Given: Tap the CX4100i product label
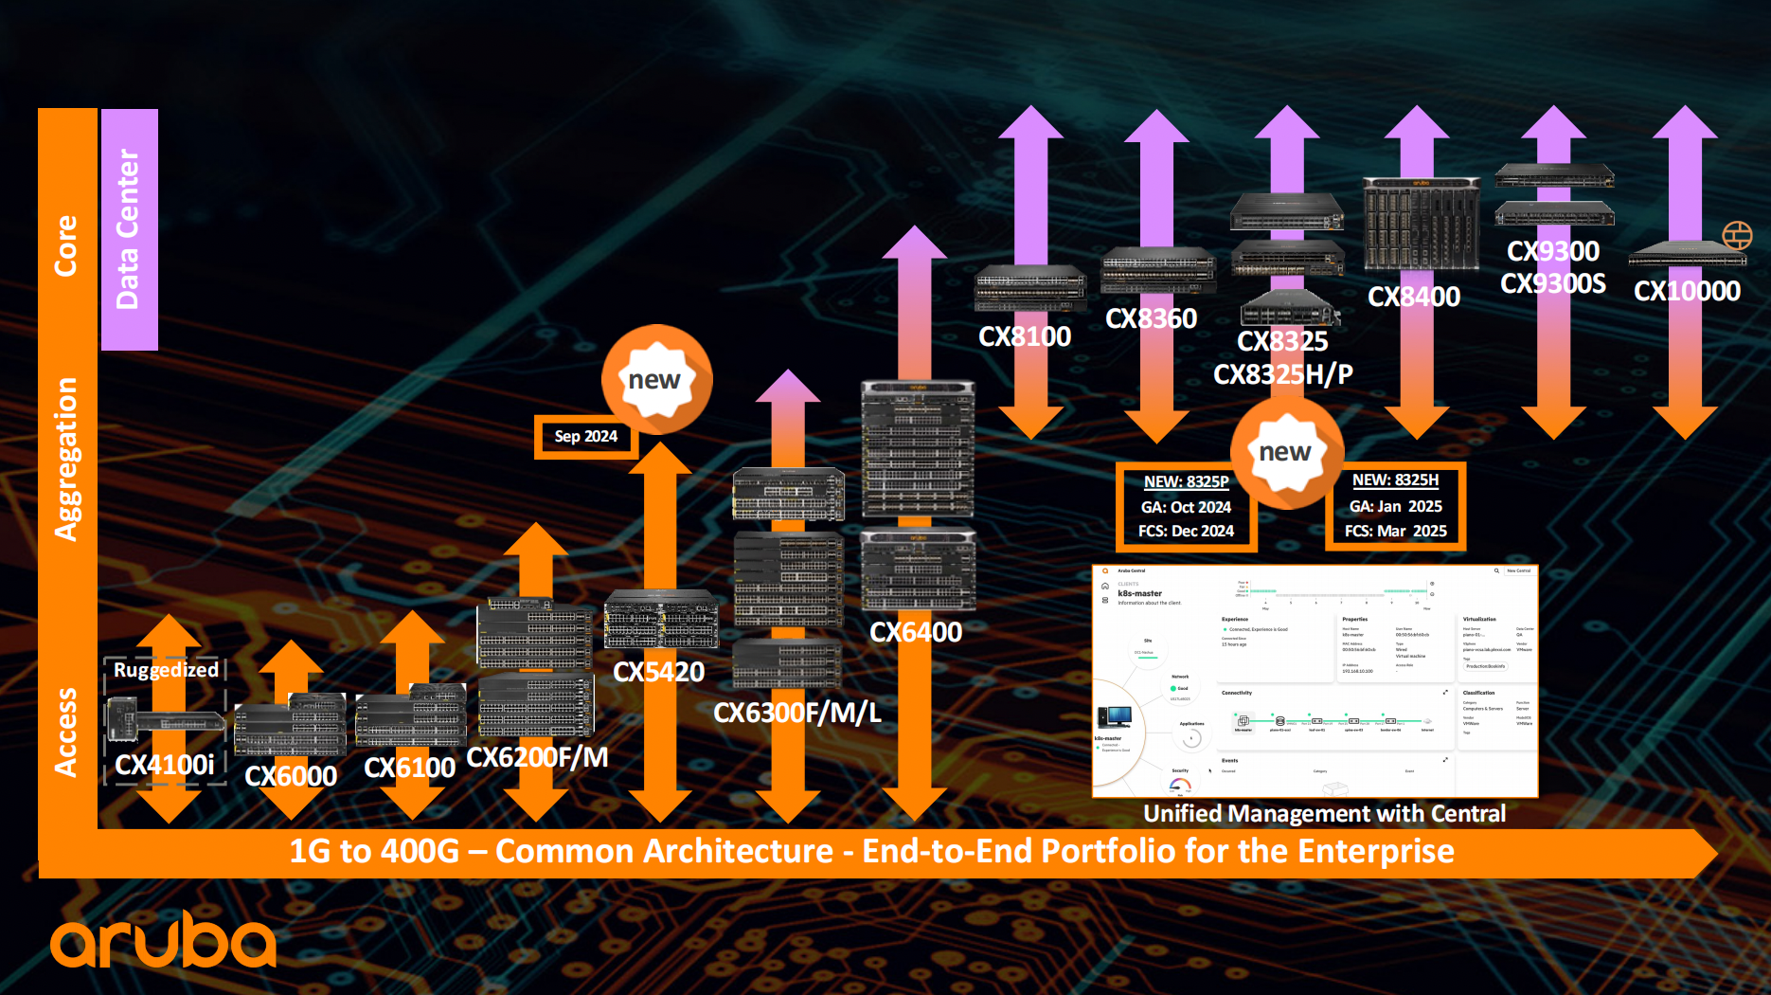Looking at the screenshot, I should tap(165, 764).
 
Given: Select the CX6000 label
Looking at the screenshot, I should tap(291, 776).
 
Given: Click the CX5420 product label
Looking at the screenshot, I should tap(658, 672).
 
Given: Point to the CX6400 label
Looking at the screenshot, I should tap(916, 632).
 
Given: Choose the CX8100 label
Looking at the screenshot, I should tap(1025, 336).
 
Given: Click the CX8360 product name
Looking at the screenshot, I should tap(1151, 318).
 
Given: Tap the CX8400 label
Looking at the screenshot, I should tap(1414, 297).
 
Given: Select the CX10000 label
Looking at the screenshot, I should tap(1687, 291).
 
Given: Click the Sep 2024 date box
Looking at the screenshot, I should tap(586, 436).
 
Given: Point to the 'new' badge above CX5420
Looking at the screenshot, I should tap(655, 379).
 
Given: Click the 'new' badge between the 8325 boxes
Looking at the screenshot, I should tap(1286, 452).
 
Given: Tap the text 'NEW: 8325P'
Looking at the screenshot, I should tap(1186, 481).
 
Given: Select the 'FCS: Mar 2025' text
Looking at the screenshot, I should tap(1395, 531).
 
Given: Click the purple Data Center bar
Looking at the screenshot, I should tap(129, 229).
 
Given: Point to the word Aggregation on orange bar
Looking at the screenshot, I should tap(66, 460).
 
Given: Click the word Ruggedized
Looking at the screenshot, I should tap(166, 670).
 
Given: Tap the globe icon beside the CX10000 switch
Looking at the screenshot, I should tap(1737, 235).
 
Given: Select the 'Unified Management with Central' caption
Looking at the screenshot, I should tap(1324, 813).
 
